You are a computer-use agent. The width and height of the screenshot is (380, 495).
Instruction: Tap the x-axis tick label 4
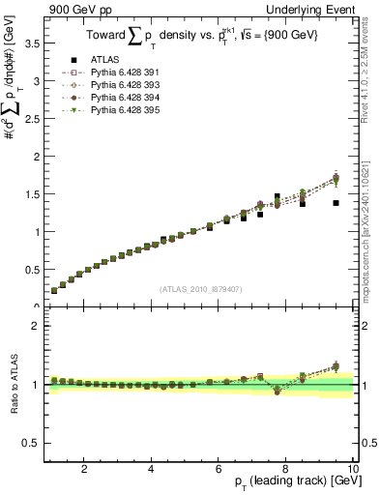(x=151, y=469)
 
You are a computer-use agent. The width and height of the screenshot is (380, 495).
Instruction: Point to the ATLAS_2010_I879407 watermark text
(x=200, y=288)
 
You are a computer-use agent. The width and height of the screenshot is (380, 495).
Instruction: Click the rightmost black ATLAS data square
(x=336, y=203)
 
